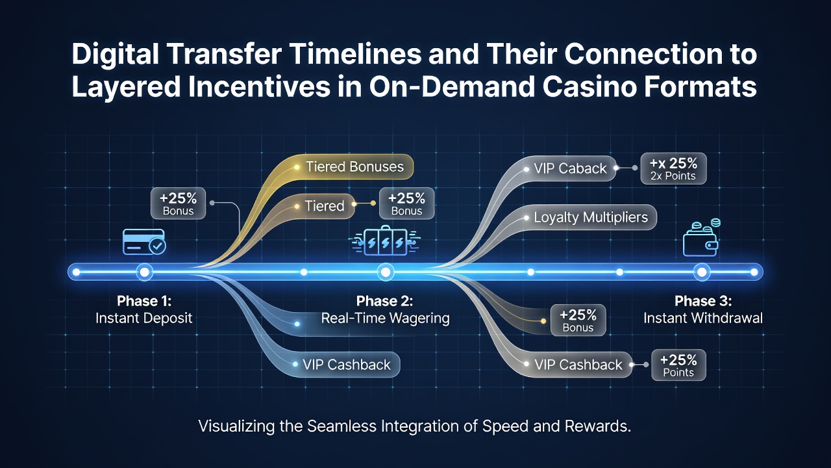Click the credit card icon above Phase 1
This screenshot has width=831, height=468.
144,242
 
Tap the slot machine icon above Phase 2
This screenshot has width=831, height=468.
386,241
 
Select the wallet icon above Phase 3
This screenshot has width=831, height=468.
701,238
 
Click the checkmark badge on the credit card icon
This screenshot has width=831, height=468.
157,246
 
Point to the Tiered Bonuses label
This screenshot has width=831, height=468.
354,167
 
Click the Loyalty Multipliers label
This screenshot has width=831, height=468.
591,217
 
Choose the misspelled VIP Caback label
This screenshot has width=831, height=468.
570,168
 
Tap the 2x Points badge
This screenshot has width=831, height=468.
673,168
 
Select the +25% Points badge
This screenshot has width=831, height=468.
678,365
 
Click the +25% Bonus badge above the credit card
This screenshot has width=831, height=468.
178,203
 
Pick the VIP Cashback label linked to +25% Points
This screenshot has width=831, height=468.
578,365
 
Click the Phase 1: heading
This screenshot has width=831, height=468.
144,301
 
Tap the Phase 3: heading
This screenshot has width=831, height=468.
703,301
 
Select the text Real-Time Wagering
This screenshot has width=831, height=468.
385,318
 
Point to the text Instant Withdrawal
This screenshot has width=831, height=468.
703,318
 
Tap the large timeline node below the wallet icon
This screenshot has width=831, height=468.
702,272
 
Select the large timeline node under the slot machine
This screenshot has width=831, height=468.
386,272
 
